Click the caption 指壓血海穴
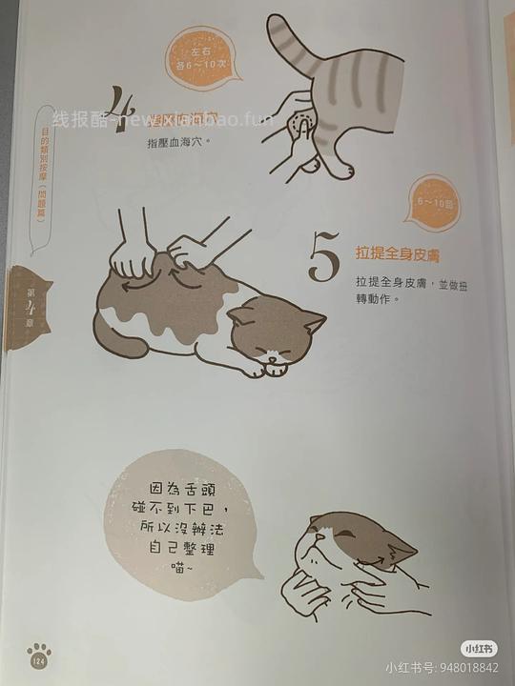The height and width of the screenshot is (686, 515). (177, 143)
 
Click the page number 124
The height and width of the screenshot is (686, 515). (40, 662)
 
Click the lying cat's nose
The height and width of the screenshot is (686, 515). (277, 357)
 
